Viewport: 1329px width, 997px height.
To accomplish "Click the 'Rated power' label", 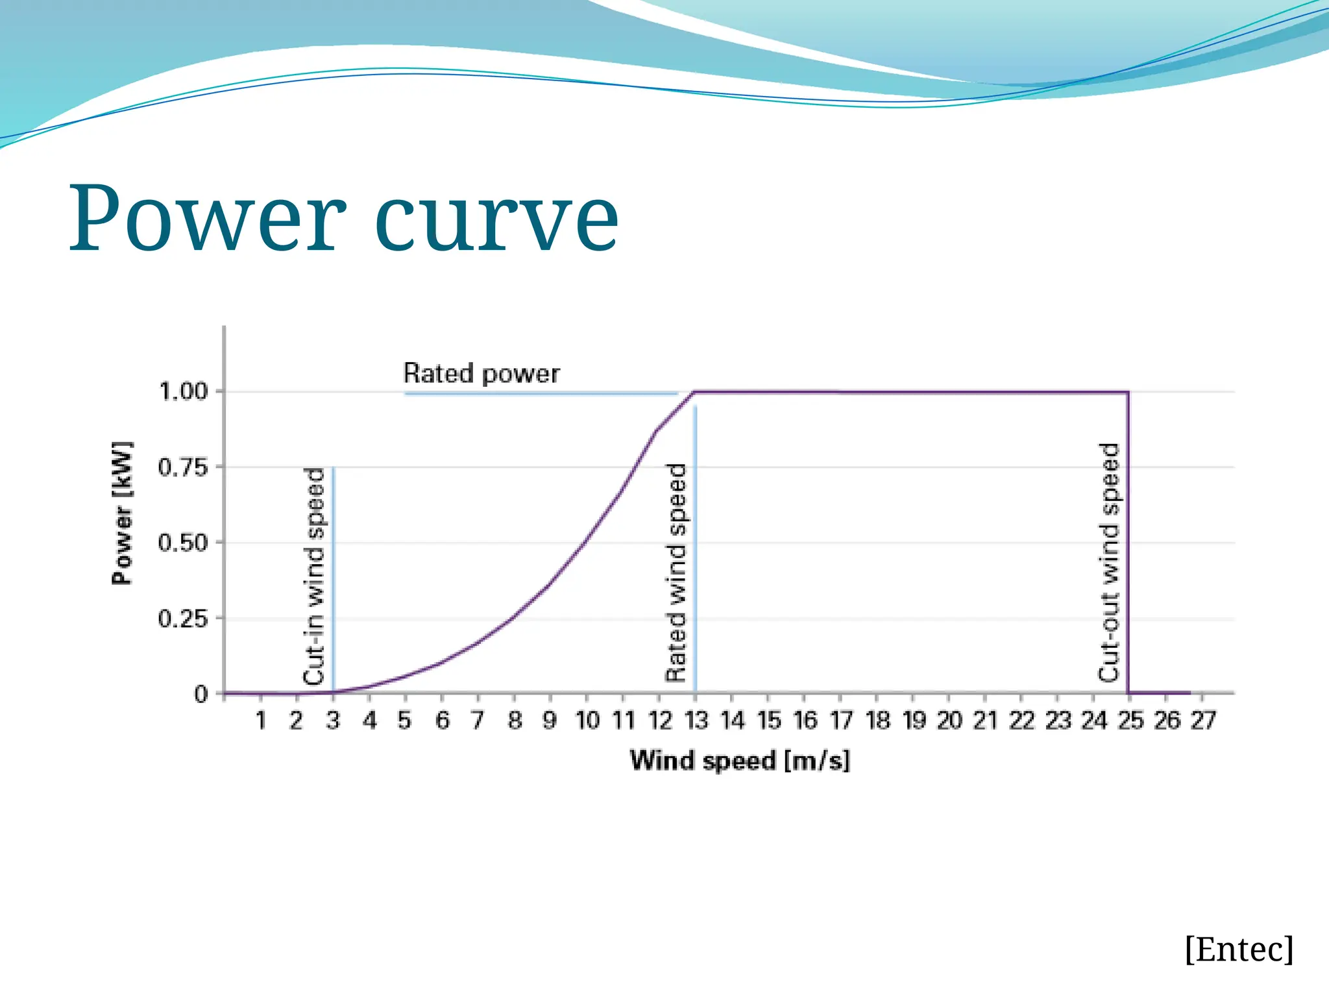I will [x=481, y=374].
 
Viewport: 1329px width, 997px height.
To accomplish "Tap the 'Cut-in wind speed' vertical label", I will [x=314, y=576].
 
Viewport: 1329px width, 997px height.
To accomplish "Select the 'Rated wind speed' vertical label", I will [x=676, y=572].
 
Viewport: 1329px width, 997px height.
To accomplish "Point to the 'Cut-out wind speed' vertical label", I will [x=1109, y=562].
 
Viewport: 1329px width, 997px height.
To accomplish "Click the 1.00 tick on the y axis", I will [x=184, y=391].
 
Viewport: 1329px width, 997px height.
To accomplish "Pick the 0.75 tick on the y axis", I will [x=184, y=467].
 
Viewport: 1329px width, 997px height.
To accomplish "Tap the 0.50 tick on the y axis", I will [x=184, y=543].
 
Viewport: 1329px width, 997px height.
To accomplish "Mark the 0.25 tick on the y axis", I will [x=184, y=619].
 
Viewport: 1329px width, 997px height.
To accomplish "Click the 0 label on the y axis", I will [x=201, y=695].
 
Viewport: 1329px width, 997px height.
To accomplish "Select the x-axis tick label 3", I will [x=333, y=720].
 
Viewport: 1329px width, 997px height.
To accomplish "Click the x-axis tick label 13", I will [x=696, y=720].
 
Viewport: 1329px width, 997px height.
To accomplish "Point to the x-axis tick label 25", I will [x=1130, y=720].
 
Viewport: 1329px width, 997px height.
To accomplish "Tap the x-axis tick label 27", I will [x=1202, y=720].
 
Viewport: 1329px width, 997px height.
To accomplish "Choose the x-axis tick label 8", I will [x=515, y=720].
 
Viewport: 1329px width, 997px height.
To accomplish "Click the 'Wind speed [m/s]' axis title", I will [x=740, y=760].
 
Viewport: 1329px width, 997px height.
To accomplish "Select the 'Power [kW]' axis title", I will [x=122, y=513].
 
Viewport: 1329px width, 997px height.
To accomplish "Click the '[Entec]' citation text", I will [x=1239, y=950].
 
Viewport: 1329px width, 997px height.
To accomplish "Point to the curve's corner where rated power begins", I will [x=695, y=392].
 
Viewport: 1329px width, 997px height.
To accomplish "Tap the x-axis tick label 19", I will [x=914, y=720].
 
